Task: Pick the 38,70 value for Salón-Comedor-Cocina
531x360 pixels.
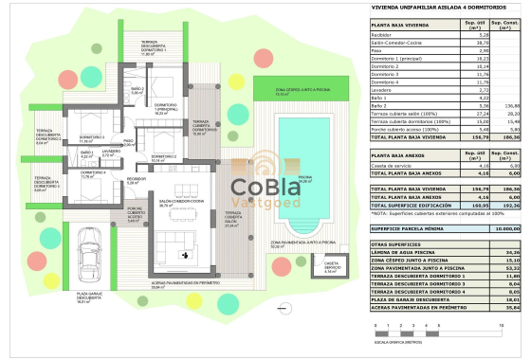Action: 467,42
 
